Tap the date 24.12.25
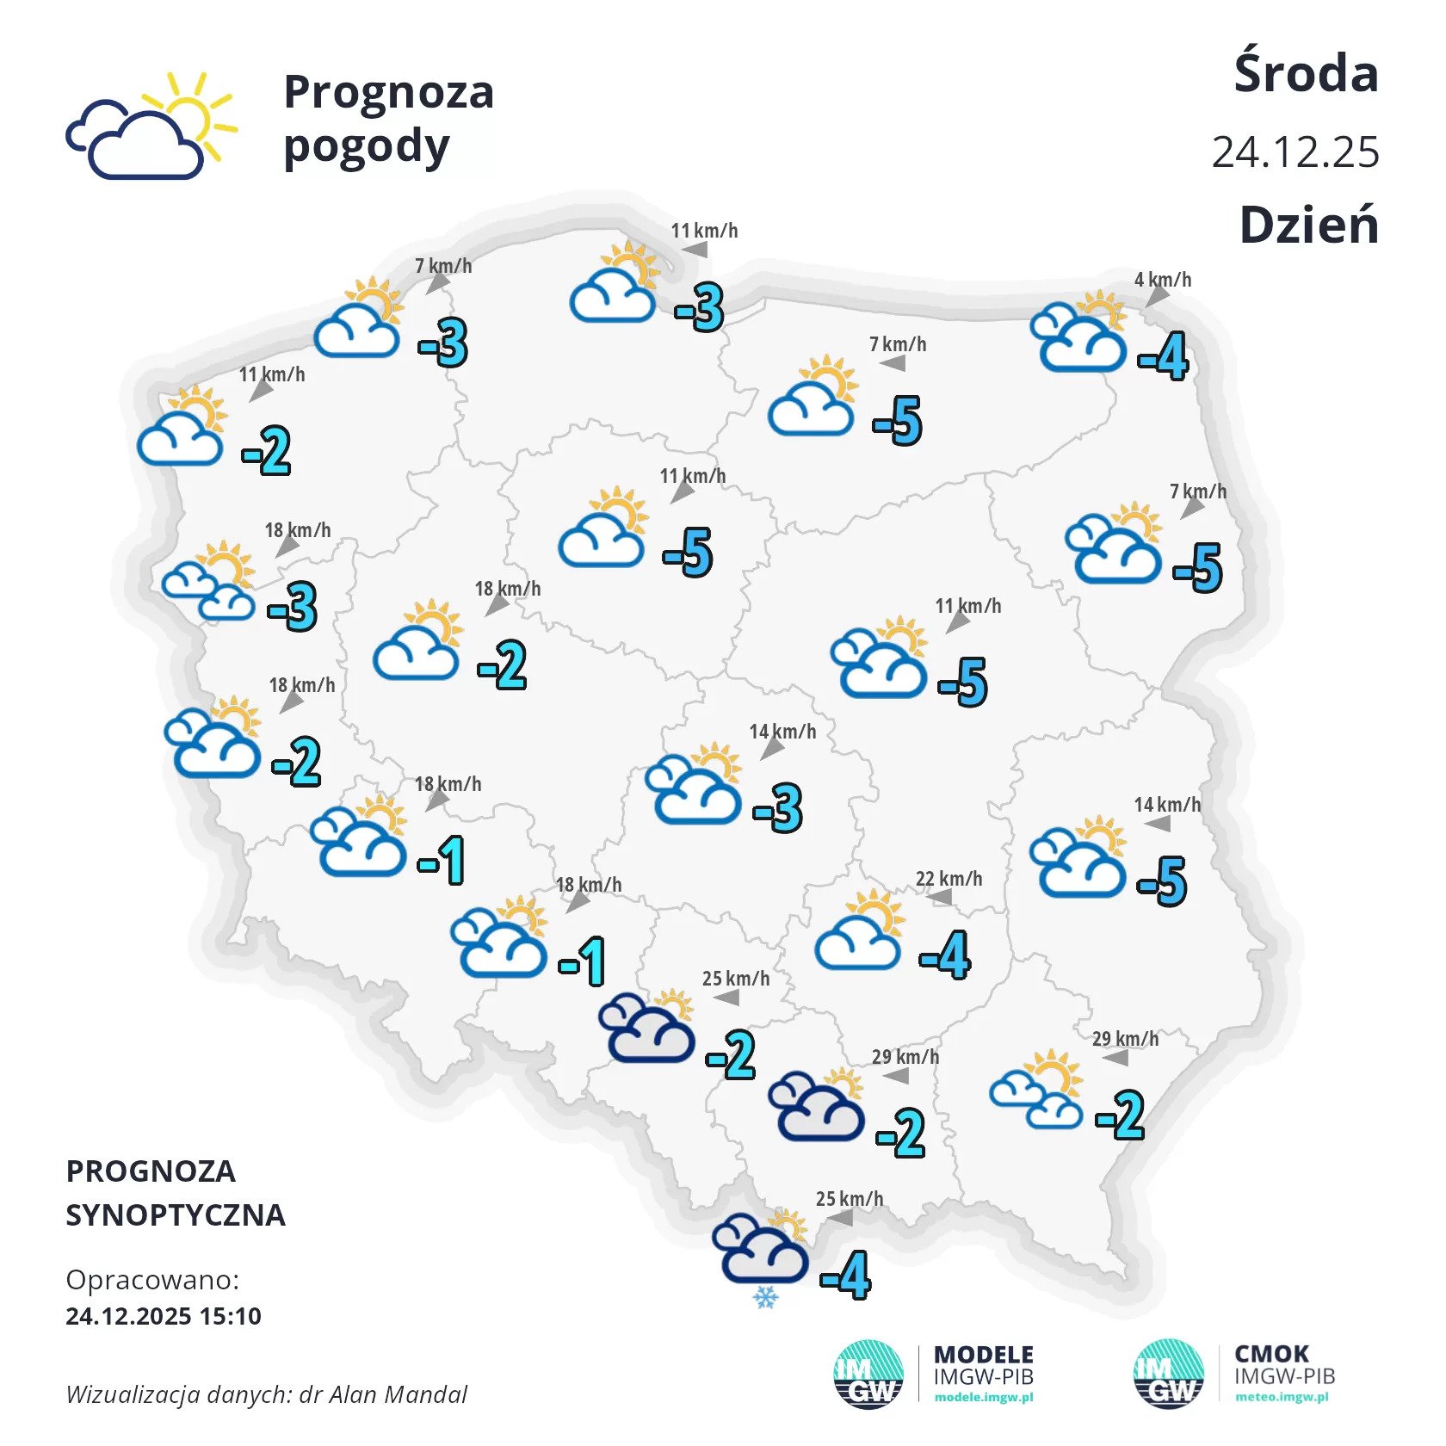pos(1295,152)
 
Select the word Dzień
pos(1308,226)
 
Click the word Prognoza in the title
pos(388,92)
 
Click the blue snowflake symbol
pos(765,1297)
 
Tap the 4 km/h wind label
pos(1162,279)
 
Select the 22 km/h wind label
pos(949,879)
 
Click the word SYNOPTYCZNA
pos(176,1214)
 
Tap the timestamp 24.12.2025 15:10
pos(164,1316)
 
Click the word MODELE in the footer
pos(983,1355)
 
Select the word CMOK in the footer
pos(1271,1354)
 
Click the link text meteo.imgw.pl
pos(1282,1397)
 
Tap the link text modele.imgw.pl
pos(983,1397)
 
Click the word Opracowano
pos(151,1280)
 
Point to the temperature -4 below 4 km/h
pos(1164,356)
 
